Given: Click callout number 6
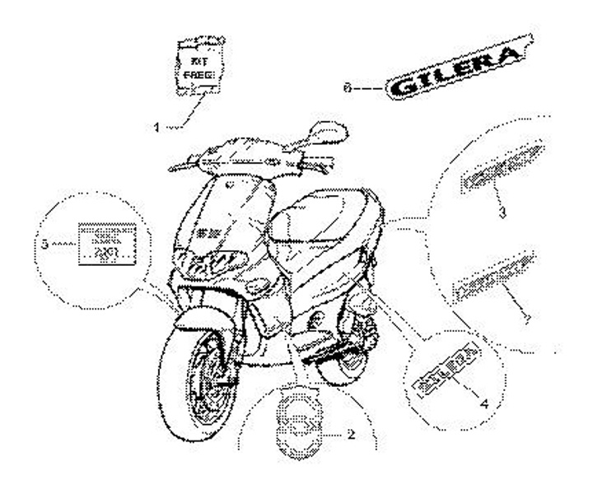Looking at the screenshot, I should [348, 85].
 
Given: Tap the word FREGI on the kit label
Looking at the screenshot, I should [198, 75].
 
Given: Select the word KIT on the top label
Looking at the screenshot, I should [198, 60].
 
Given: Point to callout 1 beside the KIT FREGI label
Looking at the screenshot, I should [156, 126].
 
